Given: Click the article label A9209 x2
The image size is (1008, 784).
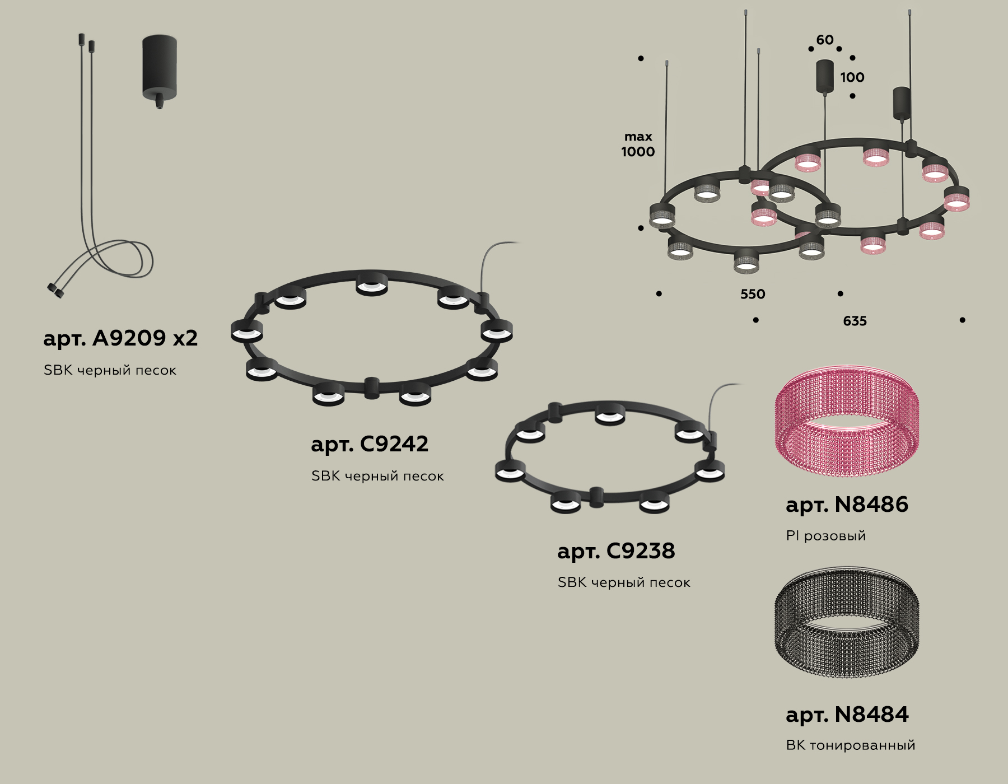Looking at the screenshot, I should point(120,338).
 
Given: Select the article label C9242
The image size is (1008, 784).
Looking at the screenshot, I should point(370,444).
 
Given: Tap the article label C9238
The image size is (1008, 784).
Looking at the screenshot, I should point(616,551).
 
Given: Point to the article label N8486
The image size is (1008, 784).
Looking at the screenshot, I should point(847,505).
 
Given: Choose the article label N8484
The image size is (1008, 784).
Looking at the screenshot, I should point(847,715).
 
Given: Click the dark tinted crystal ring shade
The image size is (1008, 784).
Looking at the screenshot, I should point(846,623).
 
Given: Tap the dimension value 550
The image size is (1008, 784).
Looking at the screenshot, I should point(752,294).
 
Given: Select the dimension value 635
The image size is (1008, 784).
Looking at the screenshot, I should point(855,321).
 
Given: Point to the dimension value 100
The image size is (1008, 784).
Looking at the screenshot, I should point(852,77).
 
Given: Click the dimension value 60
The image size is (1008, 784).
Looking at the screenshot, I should point(824,40).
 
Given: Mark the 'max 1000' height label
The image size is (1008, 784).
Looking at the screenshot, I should point(638,144).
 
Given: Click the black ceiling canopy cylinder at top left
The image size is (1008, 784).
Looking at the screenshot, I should point(160,67).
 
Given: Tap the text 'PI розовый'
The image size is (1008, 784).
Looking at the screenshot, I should point(825,536).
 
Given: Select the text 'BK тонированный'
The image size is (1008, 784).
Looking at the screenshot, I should point(850,745).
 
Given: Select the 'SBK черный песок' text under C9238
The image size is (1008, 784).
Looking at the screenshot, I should point(624,582).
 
